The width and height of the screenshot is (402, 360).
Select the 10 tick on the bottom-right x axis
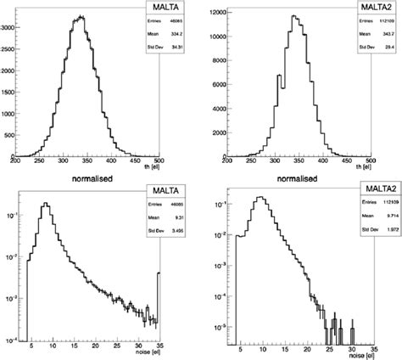pos(262,348)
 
